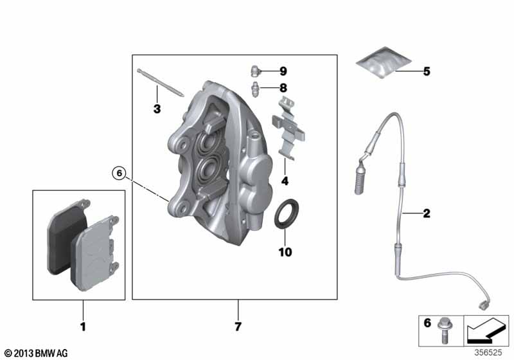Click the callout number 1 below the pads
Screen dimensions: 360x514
click(x=82, y=327)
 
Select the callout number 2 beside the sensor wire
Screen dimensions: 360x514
click(x=426, y=212)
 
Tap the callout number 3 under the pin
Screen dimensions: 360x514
click(x=156, y=110)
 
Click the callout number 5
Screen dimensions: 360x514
click(x=426, y=71)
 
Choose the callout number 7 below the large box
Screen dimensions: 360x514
click(x=238, y=327)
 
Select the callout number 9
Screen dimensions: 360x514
click(x=283, y=71)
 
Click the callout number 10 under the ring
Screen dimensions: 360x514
click(x=285, y=252)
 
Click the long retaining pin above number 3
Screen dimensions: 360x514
click(x=161, y=84)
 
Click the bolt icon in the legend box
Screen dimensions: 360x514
click(x=444, y=329)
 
